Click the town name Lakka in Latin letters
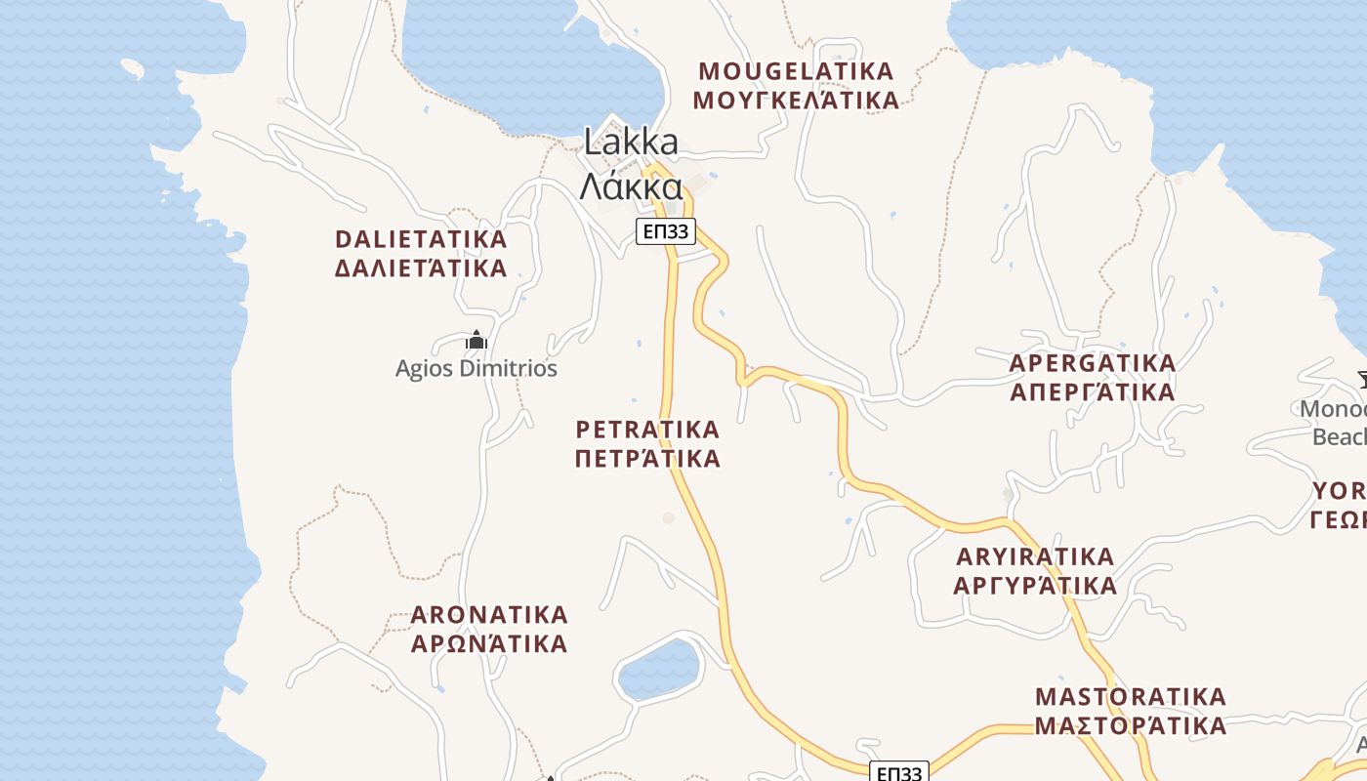(631, 142)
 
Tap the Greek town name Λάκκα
(631, 185)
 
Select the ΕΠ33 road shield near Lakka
(665, 231)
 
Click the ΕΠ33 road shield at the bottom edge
(898, 772)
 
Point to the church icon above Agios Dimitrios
(476, 340)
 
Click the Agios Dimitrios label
(476, 369)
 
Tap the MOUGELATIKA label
(797, 71)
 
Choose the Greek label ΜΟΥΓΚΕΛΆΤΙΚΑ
(795, 101)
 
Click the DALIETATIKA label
(421, 239)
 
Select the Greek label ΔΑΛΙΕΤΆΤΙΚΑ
(421, 268)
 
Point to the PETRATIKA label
(647, 430)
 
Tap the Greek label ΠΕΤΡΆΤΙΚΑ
(647, 459)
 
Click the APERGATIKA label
(1093, 363)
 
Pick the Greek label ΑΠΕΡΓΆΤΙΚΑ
(1093, 392)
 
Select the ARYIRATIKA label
(1035, 556)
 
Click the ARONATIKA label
(489, 615)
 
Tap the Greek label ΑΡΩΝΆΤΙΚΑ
(489, 644)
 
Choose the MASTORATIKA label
(1131, 697)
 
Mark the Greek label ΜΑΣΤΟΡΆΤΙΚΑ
(1131, 726)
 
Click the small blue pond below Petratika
(661, 670)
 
